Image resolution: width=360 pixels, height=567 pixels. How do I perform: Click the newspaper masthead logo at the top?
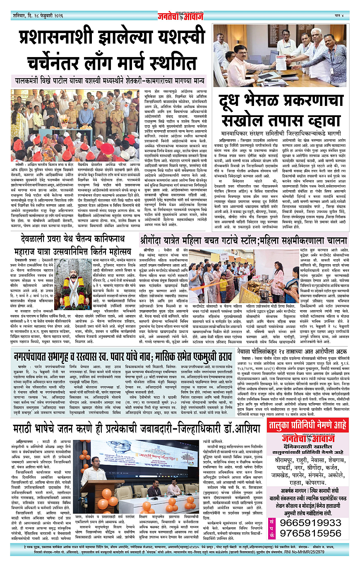click(x=180, y=16)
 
